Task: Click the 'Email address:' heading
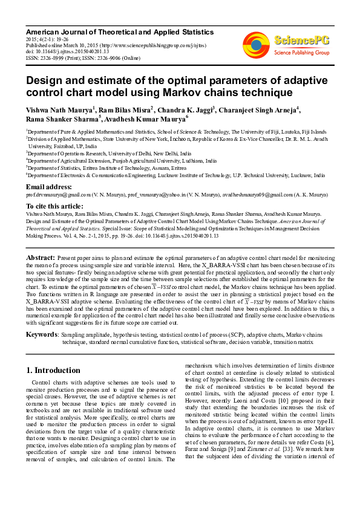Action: tap(49, 187)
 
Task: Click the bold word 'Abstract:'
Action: tap(42, 258)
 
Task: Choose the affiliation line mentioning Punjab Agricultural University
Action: tap(121, 161)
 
